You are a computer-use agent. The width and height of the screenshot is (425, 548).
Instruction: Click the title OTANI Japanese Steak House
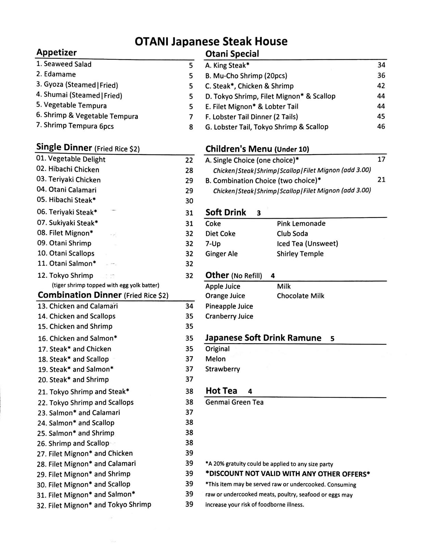211,41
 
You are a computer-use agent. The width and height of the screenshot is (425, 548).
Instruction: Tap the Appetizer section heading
57,53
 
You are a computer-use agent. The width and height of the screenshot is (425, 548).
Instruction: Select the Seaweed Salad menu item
64,64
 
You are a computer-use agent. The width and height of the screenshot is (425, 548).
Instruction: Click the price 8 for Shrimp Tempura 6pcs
191,127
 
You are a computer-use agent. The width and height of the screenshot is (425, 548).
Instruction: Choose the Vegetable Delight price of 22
189,160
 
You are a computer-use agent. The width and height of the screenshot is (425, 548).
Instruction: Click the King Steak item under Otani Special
227,65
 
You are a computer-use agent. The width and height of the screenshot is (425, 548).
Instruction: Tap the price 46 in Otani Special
381,127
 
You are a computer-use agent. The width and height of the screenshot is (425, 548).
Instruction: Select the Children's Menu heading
257,149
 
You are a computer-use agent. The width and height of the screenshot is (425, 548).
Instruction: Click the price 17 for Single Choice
381,159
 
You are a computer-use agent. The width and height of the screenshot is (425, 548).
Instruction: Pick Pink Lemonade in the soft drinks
301,224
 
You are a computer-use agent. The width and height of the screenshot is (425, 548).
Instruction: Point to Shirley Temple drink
300,254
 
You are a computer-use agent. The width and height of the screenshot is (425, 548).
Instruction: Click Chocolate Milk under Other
300,296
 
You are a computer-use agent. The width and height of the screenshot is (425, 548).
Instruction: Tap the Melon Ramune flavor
215,359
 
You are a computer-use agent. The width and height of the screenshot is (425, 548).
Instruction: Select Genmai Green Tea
234,402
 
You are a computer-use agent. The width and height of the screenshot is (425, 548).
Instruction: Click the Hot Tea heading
221,391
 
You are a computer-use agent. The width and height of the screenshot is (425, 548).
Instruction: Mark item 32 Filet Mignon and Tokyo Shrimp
94,505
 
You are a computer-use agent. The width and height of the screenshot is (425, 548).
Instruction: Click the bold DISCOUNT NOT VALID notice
287,474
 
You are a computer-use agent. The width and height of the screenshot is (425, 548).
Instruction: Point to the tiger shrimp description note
105,285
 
